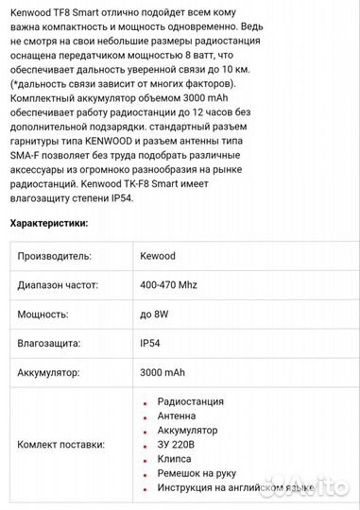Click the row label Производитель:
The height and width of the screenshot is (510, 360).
[x=54, y=256]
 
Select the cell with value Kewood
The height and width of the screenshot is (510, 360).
[x=158, y=256]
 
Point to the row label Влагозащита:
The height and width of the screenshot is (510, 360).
[x=50, y=344]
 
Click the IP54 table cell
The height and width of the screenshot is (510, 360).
[x=151, y=344]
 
